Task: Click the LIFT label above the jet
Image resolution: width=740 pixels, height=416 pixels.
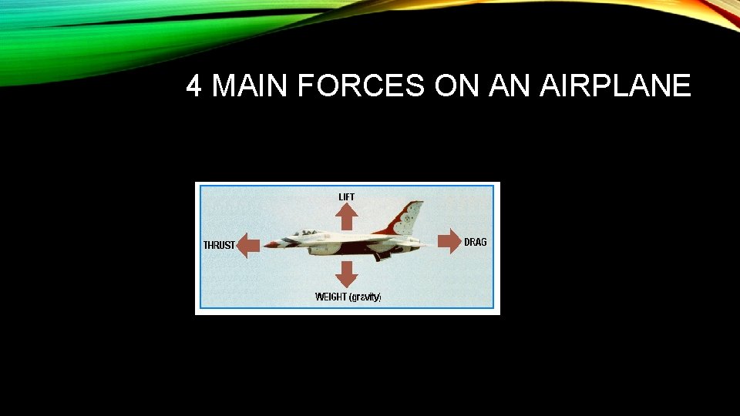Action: [347, 197]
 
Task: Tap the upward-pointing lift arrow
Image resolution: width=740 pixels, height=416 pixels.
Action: [347, 217]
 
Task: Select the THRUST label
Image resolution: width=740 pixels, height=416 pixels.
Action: [219, 245]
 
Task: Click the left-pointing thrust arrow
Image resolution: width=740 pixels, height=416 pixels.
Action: [247, 246]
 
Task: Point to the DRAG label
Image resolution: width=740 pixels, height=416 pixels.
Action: [476, 242]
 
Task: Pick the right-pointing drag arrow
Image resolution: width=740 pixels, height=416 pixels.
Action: [448, 241]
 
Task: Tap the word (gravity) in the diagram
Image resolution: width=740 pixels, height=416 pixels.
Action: [365, 297]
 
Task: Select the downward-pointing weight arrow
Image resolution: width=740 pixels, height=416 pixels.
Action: [347, 273]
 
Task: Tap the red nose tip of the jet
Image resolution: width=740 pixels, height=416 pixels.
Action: [267, 244]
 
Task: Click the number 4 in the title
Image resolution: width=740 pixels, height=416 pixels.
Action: [194, 87]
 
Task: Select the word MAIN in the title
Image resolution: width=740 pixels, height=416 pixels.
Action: [247, 87]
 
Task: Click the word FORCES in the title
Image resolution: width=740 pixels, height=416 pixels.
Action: [361, 87]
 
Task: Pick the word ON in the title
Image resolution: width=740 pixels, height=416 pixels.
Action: [456, 87]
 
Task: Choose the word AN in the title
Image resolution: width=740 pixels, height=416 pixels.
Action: [508, 87]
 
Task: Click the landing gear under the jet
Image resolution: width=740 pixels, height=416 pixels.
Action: [378, 256]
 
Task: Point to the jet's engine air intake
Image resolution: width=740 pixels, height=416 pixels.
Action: [333, 249]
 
